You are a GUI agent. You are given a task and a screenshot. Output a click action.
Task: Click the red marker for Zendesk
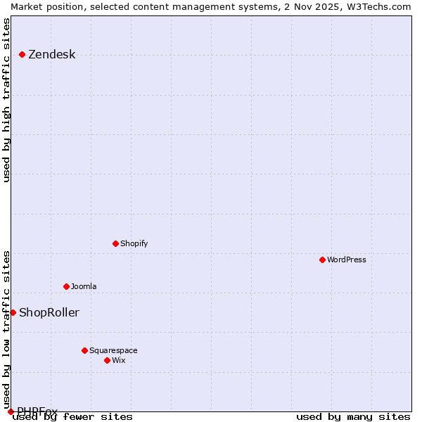[x=22, y=54]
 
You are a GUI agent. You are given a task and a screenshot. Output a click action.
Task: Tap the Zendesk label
[x=51, y=55]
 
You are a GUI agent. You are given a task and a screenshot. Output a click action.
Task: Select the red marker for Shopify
[x=115, y=243]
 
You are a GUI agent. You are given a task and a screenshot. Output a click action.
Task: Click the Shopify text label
[x=134, y=244]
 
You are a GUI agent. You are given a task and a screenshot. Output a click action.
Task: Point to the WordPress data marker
[x=322, y=260]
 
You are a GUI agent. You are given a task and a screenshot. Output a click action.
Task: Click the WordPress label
[x=346, y=260]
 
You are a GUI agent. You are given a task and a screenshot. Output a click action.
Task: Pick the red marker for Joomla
[x=66, y=286]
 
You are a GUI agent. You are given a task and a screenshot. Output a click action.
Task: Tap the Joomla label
[x=84, y=287]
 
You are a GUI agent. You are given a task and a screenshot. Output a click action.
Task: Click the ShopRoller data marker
[x=13, y=312]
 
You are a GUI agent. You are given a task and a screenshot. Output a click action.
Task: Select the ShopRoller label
[x=49, y=313]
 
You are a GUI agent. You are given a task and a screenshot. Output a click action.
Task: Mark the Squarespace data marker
[x=84, y=350]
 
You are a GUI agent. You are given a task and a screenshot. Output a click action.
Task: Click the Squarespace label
[x=113, y=351]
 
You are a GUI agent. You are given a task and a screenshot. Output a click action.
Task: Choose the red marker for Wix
[x=107, y=360]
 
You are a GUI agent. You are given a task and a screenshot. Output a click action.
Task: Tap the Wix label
[x=118, y=361]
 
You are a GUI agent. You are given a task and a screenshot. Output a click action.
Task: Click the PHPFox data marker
[x=11, y=411]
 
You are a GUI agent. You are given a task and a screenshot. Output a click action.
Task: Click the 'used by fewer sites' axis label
[x=72, y=417]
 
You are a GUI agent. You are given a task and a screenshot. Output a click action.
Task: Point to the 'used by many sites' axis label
[x=353, y=417]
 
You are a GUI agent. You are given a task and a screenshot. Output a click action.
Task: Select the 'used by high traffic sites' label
[x=7, y=100]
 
